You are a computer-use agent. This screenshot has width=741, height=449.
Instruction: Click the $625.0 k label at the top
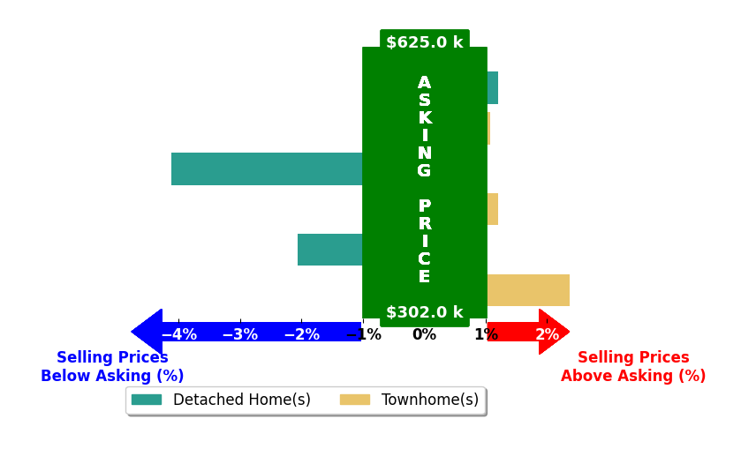point(424,42)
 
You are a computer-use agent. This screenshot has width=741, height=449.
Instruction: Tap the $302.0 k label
point(424,312)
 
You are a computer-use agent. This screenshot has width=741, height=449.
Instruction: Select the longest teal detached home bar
point(267,168)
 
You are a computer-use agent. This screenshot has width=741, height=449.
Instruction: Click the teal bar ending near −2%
point(329,250)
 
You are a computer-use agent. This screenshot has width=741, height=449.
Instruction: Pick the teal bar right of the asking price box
point(493,88)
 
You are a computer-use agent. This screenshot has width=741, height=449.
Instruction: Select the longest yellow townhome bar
point(528,290)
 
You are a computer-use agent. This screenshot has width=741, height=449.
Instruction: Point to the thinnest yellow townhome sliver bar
point(488,129)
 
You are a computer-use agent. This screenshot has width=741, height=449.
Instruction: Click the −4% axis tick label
point(179,334)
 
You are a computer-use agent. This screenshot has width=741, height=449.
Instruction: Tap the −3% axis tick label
point(240,334)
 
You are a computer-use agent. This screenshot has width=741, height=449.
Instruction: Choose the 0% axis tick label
point(424,334)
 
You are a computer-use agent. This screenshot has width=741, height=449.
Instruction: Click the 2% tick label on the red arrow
point(548,334)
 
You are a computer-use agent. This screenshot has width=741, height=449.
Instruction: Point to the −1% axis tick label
point(363,334)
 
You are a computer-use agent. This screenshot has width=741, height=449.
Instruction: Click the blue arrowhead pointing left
point(147,332)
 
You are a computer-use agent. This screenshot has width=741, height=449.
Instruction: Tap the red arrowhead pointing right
point(554,332)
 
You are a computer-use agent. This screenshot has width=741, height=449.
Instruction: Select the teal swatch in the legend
point(147,400)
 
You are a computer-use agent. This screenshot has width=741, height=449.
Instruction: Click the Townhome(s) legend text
point(430,400)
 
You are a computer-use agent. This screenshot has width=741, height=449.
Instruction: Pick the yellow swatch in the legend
point(355,400)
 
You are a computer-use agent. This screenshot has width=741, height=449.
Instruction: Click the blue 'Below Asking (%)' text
point(112,376)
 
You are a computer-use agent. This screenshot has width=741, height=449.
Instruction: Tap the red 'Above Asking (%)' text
point(633,376)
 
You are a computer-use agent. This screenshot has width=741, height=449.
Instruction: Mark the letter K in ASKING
point(424,117)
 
